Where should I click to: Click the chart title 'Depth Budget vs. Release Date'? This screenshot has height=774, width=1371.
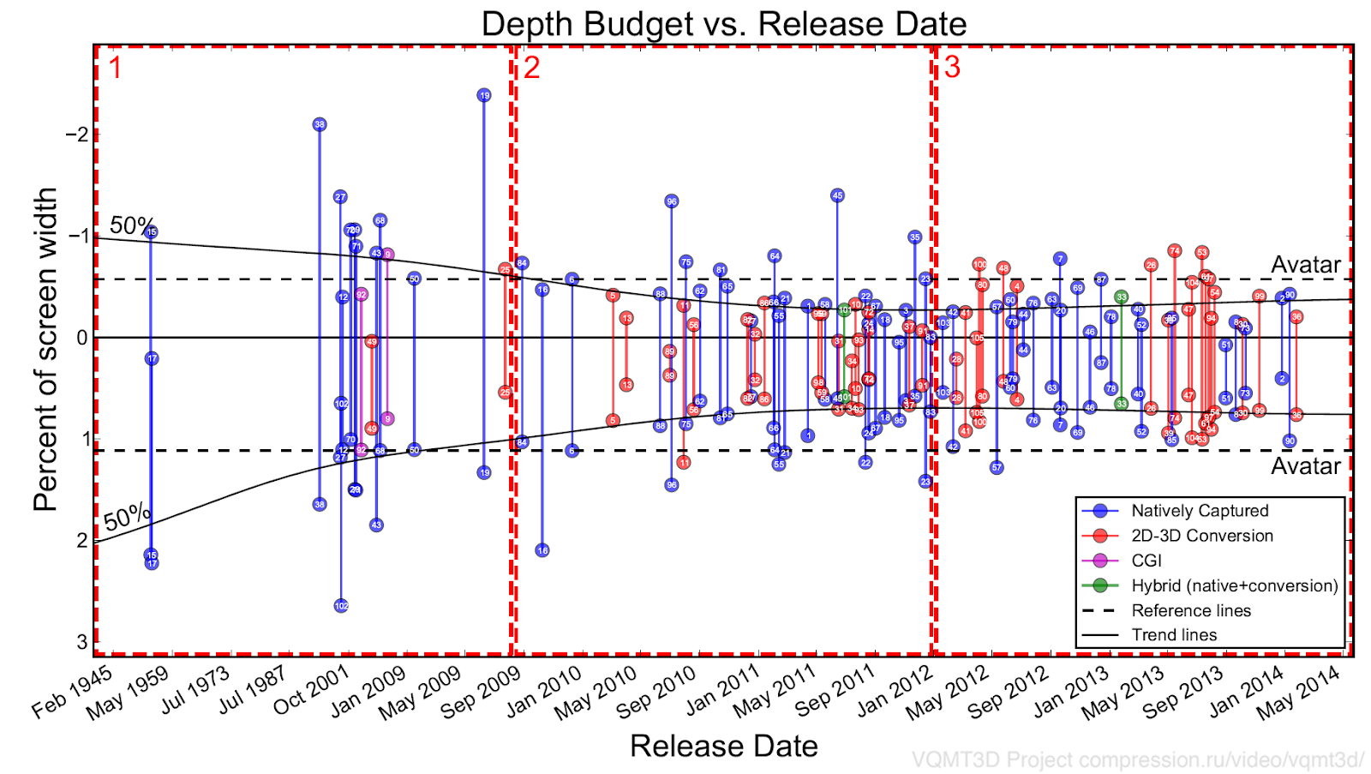[x=724, y=24]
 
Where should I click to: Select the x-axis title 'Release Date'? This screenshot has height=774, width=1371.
[x=724, y=746]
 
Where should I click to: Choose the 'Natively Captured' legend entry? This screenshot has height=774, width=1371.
[x=1200, y=511]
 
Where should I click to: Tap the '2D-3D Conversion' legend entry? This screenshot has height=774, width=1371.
[x=1202, y=536]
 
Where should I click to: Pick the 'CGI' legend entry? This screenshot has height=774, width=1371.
[x=1146, y=561]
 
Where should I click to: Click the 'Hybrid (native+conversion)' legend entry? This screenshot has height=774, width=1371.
[x=1235, y=585]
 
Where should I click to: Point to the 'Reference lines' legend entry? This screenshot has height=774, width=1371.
[x=1191, y=610]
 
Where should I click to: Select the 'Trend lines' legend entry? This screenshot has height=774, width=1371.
[x=1174, y=635]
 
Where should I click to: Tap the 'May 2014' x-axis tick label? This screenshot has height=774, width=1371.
[x=1298, y=693]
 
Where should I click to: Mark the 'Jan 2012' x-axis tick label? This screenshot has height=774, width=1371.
[x=895, y=692]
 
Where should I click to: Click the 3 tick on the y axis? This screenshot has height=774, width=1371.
[x=81, y=642]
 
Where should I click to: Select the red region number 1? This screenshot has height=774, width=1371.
[x=115, y=68]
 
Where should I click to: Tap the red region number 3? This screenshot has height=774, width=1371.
[x=952, y=68]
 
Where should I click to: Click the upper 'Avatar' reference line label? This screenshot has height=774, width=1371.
[x=1305, y=265]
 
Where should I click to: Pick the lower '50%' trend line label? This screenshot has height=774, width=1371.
[x=127, y=518]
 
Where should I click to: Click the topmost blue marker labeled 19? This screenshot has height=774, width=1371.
[x=484, y=95]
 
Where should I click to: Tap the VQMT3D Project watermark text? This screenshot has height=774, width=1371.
[x=1138, y=759]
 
